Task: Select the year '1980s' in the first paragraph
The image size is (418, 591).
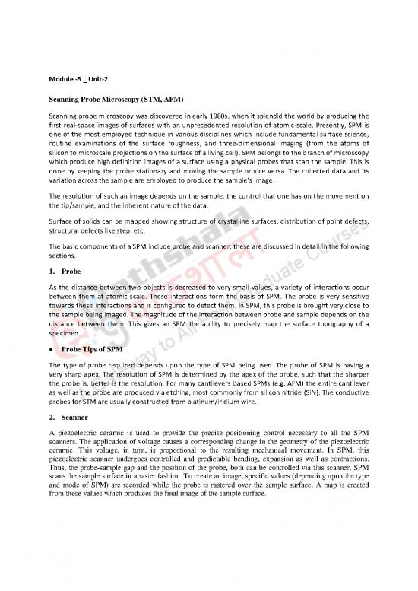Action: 214,115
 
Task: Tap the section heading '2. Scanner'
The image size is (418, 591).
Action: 68,421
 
